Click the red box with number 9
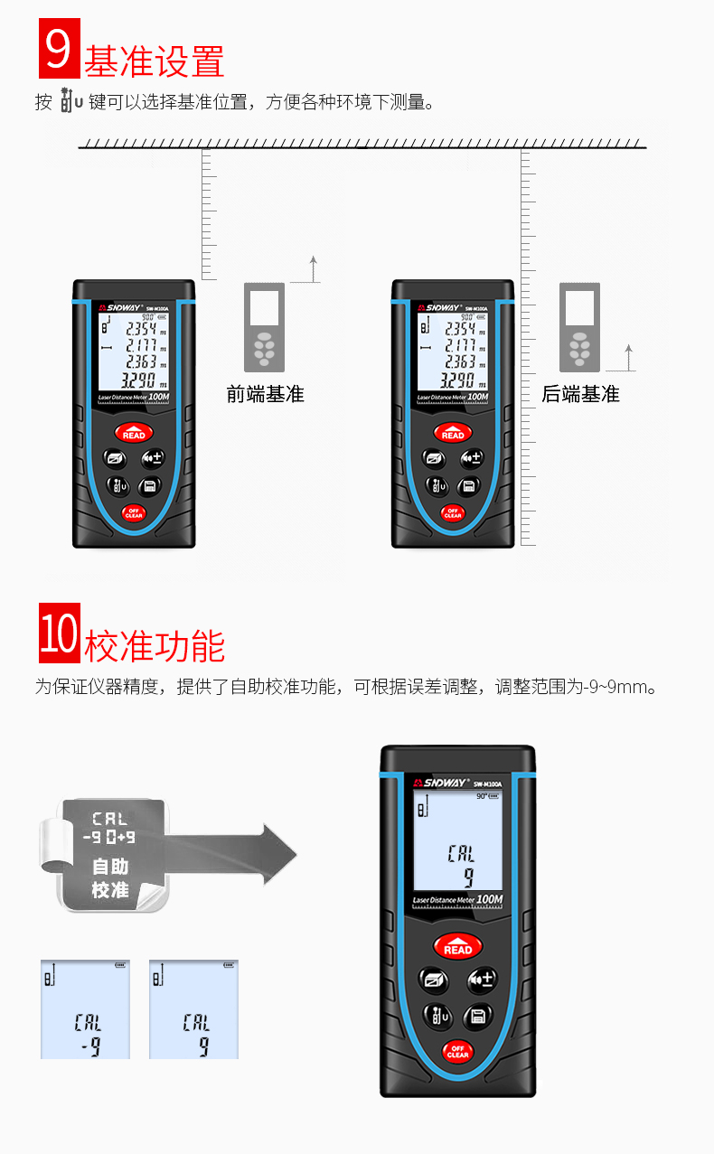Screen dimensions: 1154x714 pos(59,50)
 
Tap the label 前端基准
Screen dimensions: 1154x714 pos(265,394)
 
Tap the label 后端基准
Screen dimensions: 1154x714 pos(580,394)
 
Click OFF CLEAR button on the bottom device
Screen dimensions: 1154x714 pos(457,1051)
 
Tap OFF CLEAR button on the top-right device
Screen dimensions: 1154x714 pos(453,512)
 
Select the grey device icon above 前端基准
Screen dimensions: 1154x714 pos(264,325)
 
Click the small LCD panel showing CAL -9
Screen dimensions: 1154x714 pos(85,1009)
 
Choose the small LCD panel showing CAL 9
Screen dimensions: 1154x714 pos(193,1009)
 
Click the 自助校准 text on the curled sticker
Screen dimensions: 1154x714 pos(110,878)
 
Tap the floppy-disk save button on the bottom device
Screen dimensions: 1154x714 pos(478,1016)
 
